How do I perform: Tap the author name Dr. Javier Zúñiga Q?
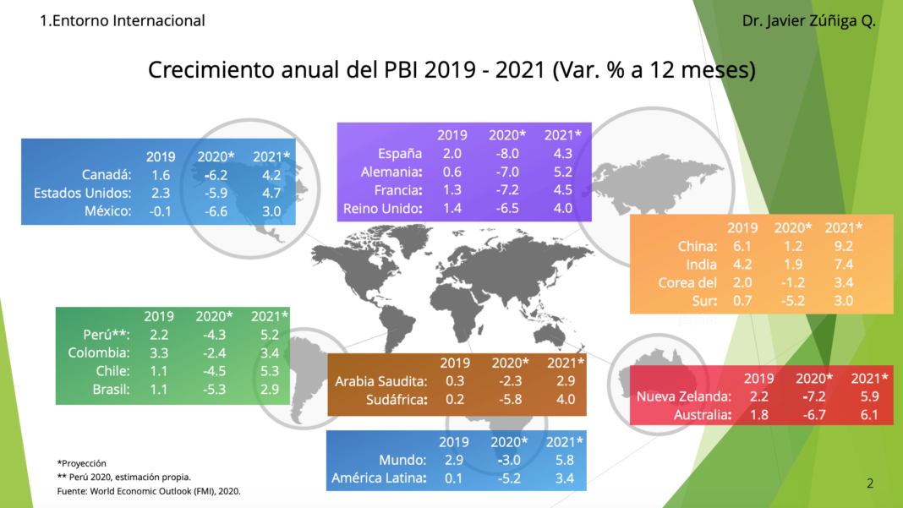click(808, 20)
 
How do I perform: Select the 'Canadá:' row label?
click(107, 175)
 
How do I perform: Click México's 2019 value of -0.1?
click(160, 210)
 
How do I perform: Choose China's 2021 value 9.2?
click(843, 246)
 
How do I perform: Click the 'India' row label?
click(703, 265)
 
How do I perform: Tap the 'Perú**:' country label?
click(107, 335)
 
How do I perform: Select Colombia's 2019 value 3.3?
click(158, 352)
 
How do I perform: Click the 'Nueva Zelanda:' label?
click(684, 396)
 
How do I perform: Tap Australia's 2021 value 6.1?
click(869, 415)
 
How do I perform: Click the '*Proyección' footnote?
click(82, 463)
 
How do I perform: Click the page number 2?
click(870, 483)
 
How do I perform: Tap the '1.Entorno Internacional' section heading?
click(123, 20)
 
